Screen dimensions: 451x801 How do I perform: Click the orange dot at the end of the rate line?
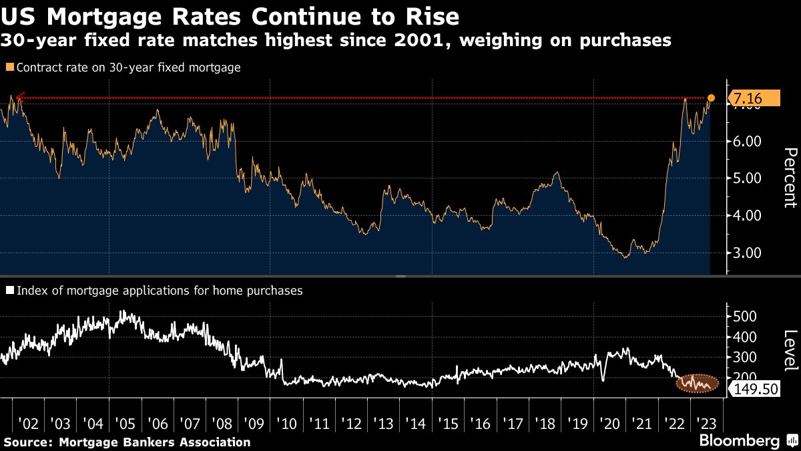(711, 98)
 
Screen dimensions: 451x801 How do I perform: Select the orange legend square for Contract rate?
(9, 67)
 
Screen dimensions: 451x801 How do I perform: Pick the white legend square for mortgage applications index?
(9, 291)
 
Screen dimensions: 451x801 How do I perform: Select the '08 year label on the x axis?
(224, 424)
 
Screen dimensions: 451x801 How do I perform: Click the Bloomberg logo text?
(738, 441)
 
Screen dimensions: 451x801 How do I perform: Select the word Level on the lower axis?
(789, 350)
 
